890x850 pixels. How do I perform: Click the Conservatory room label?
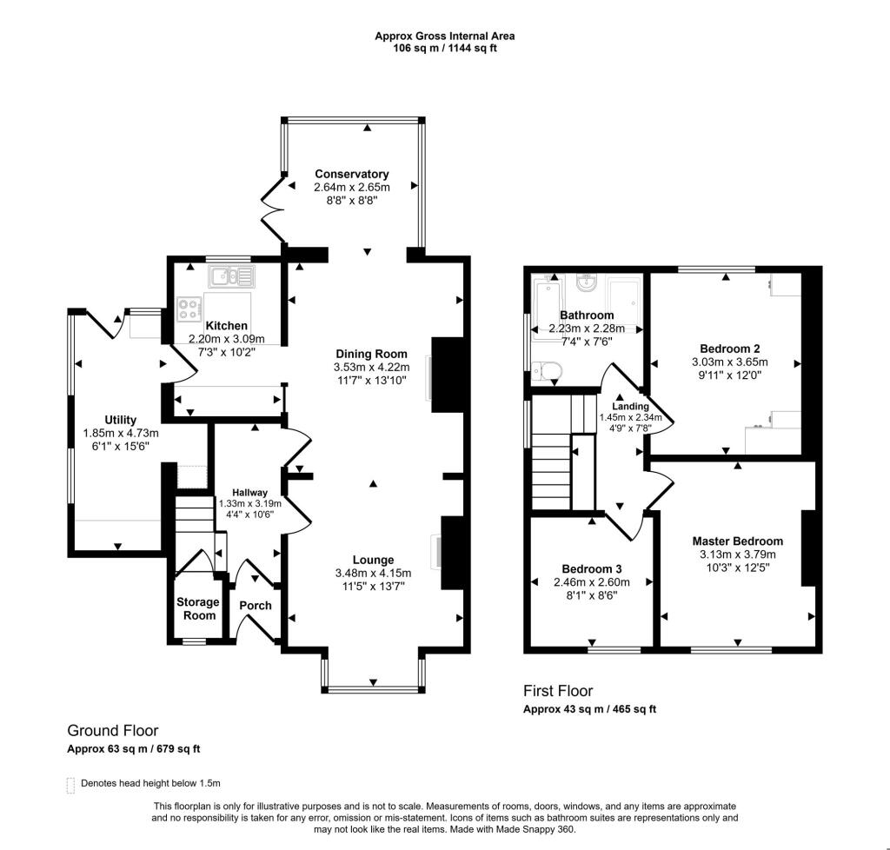(x=351, y=174)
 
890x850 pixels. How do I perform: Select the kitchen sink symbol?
(x=231, y=277)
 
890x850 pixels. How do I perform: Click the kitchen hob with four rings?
(x=189, y=309)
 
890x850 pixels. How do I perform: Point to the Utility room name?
(x=120, y=420)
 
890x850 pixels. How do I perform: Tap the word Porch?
(x=256, y=606)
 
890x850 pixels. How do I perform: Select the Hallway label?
(x=243, y=493)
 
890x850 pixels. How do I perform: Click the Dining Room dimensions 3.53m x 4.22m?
(x=373, y=369)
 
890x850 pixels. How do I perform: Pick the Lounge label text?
(x=373, y=560)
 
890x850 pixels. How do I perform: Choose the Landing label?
(x=630, y=406)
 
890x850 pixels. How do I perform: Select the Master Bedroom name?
(x=737, y=541)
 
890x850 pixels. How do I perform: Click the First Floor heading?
(x=557, y=691)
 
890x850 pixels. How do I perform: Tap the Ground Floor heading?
(x=113, y=731)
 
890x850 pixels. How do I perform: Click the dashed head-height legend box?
(x=70, y=784)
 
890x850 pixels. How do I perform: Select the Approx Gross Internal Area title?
(x=444, y=36)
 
